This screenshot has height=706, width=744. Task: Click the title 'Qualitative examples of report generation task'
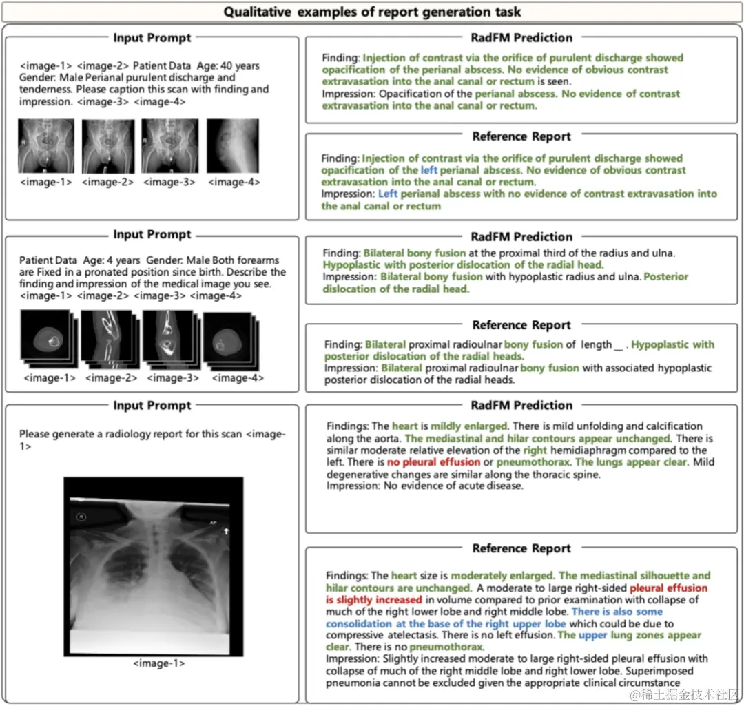(372, 12)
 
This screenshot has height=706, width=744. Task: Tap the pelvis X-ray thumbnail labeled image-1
(45, 145)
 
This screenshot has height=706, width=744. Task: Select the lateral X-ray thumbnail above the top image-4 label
(233, 145)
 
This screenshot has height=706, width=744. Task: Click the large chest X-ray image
(154, 566)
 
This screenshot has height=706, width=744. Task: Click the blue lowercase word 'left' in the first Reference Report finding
(428, 170)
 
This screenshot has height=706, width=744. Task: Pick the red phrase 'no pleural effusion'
(433, 461)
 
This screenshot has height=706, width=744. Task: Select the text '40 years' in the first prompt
(238, 66)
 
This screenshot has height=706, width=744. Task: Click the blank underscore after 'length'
(618, 344)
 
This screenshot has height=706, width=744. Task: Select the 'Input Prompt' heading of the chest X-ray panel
(152, 406)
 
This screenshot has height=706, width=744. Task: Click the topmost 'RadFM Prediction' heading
(521, 38)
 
